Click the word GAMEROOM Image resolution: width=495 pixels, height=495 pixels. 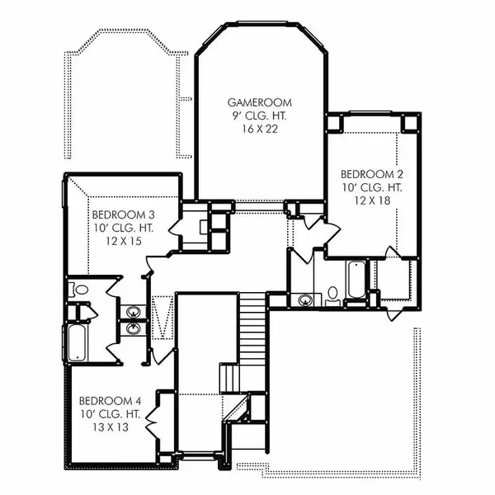click(x=260, y=102)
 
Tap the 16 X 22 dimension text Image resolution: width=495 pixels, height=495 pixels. click(x=260, y=130)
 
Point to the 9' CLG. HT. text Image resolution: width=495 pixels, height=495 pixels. click(x=260, y=115)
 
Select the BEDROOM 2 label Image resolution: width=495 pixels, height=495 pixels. click(x=372, y=174)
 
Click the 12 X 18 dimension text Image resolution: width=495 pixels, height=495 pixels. click(x=372, y=200)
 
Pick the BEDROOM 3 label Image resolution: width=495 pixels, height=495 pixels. click(x=124, y=215)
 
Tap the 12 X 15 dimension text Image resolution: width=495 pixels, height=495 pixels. click(x=124, y=242)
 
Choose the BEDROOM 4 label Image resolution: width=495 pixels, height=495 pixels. click(x=110, y=401)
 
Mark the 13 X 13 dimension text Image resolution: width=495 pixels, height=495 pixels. click(x=111, y=427)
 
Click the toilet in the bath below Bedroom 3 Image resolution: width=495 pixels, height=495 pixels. click(x=78, y=290)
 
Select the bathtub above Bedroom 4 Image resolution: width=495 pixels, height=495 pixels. click(x=77, y=342)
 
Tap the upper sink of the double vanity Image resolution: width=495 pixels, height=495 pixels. click(x=133, y=312)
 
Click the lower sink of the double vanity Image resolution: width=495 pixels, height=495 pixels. click(x=133, y=328)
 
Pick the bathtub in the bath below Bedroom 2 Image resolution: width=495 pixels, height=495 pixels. click(x=356, y=279)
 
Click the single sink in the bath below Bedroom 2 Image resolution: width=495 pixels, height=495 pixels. click(x=305, y=299)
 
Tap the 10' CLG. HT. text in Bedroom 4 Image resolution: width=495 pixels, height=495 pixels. click(x=110, y=414)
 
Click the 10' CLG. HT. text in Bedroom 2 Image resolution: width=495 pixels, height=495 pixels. click(x=372, y=187)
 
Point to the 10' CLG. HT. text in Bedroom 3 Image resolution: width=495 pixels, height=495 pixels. click(x=124, y=229)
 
